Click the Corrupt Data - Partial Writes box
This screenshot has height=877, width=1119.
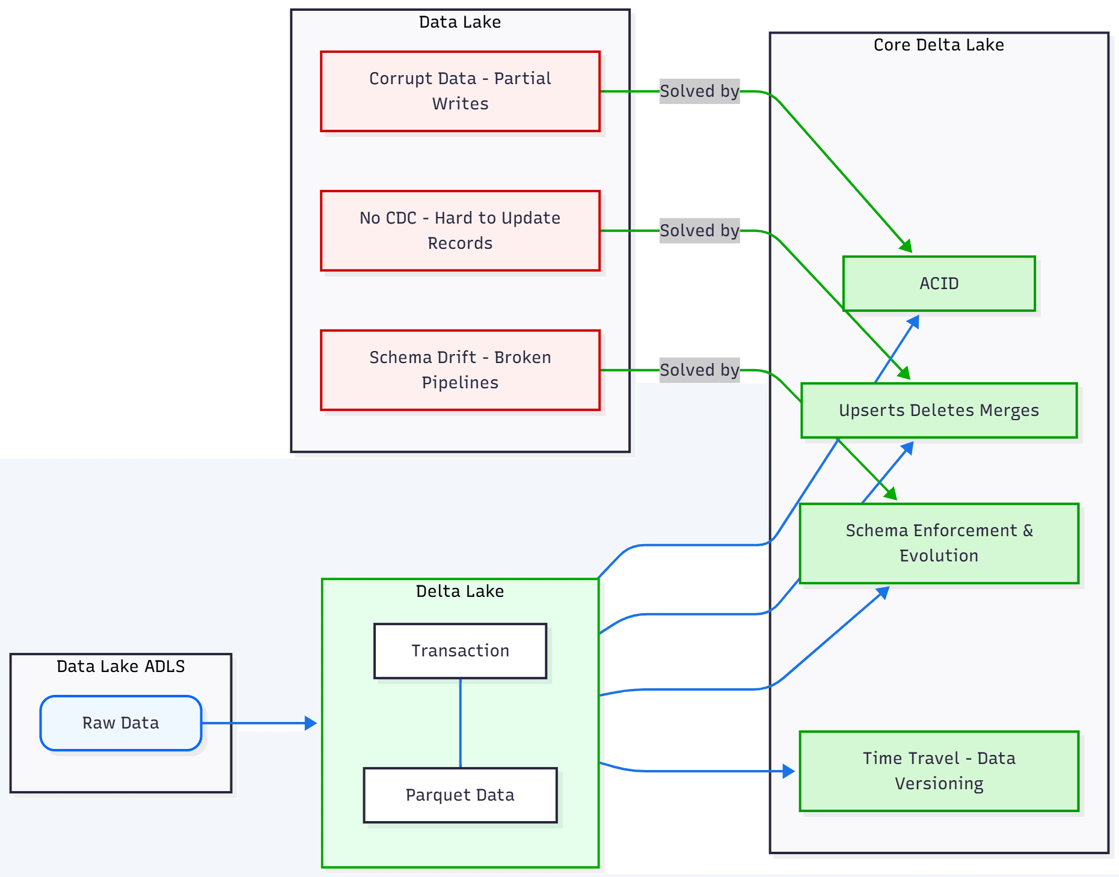coord(460,91)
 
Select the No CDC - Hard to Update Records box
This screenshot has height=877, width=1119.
coord(460,231)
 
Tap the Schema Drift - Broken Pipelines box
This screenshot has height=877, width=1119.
coord(460,370)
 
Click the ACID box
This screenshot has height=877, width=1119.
coord(939,284)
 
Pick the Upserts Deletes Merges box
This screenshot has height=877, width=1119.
coord(939,411)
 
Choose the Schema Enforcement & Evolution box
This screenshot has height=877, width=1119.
coord(939,543)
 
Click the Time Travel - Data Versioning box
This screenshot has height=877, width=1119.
coord(939,771)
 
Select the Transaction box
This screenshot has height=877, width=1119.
coord(460,651)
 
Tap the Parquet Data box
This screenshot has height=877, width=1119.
coord(460,795)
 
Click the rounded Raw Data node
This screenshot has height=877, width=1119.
coord(121,723)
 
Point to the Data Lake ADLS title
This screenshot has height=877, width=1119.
coord(121,667)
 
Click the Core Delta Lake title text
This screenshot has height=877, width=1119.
coord(939,45)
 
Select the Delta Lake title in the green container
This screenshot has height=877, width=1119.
coord(460,591)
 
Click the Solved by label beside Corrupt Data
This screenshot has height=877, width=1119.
coord(699,91)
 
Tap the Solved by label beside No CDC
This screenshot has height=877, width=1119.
coord(699,231)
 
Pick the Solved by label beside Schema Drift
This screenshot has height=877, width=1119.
coord(699,370)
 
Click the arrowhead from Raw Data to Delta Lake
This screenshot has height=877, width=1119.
coord(311,723)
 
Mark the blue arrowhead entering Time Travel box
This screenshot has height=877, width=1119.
coord(789,771)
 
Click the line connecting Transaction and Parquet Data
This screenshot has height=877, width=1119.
coord(461,723)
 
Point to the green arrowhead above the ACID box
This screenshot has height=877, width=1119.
coord(907,246)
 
